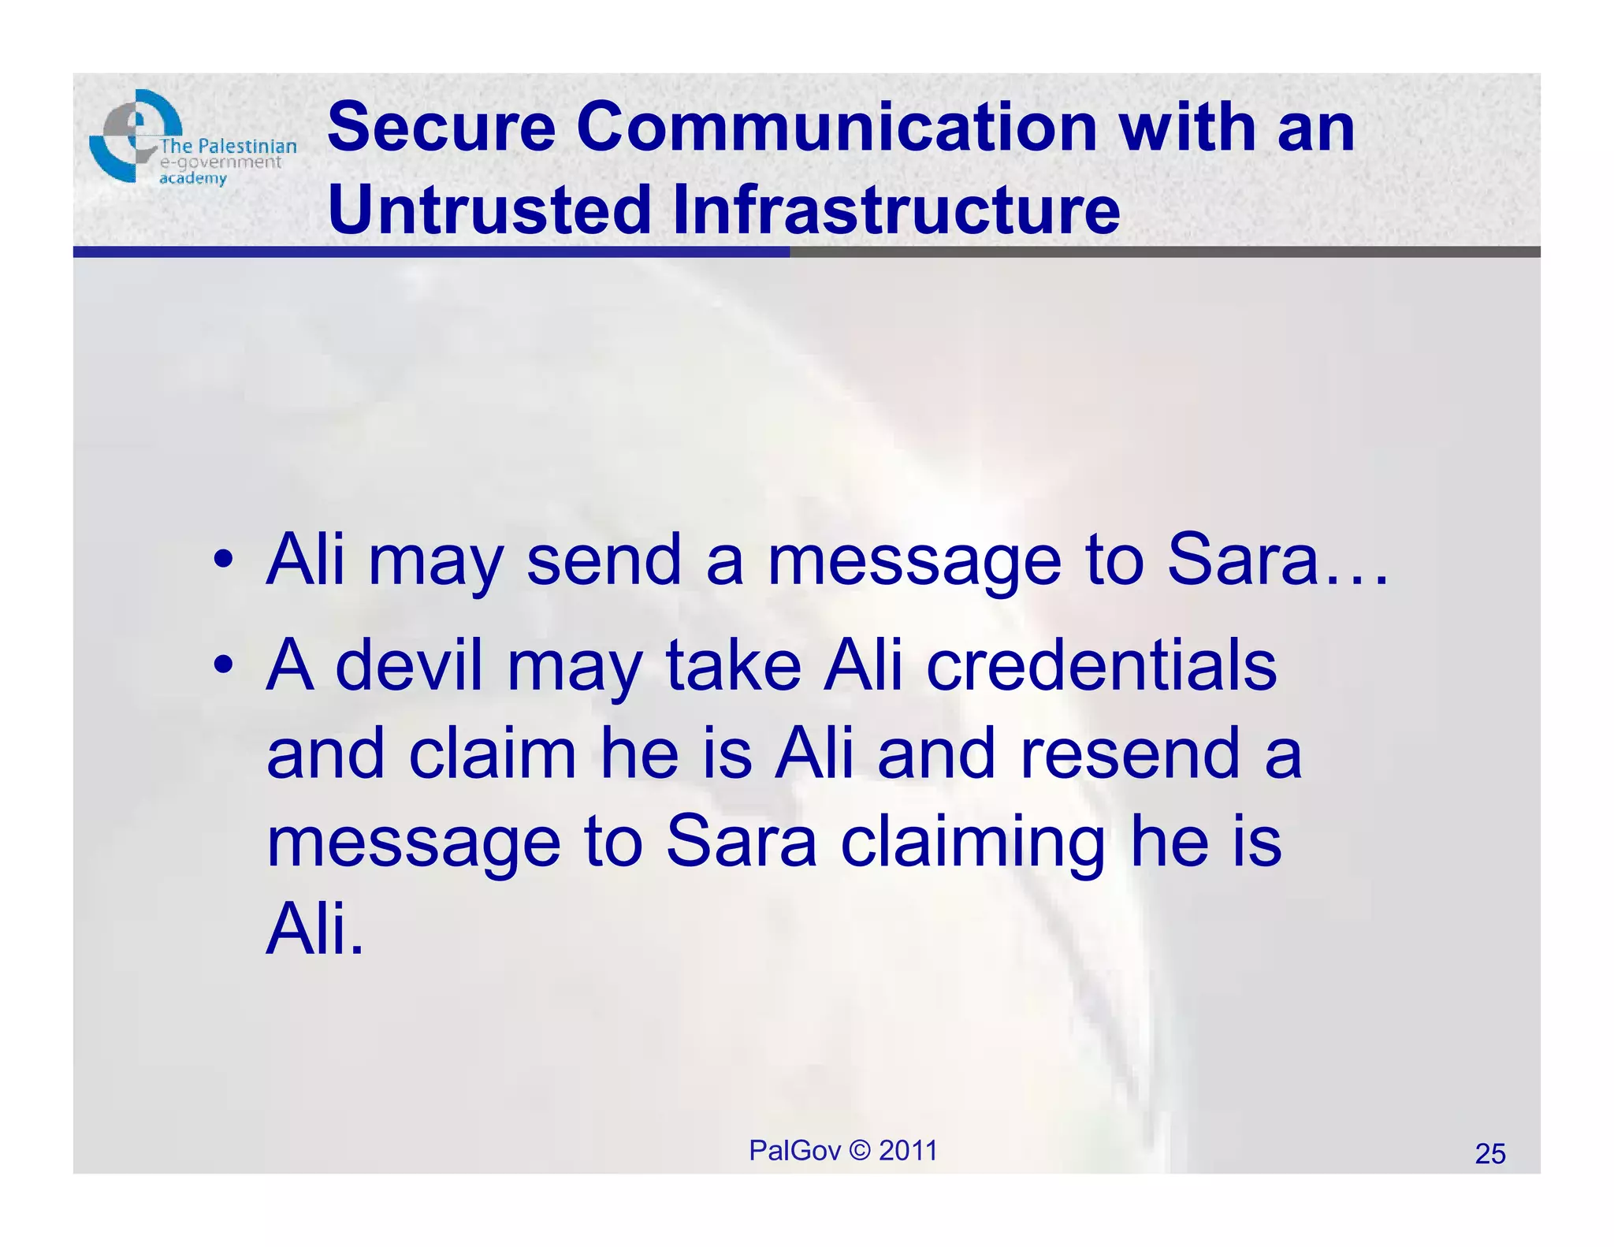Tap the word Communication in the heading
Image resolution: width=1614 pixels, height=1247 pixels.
(x=837, y=128)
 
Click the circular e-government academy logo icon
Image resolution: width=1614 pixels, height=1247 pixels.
(x=134, y=136)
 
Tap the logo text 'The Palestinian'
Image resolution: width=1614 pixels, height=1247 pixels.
(x=229, y=146)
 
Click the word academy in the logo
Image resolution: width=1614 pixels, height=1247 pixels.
(x=193, y=178)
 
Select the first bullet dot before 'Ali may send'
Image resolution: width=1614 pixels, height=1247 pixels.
(x=224, y=560)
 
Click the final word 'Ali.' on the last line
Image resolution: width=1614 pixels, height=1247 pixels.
(x=315, y=930)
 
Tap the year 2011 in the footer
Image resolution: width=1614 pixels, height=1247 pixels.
(x=908, y=1151)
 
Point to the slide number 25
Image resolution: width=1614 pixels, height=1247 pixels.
(x=1490, y=1154)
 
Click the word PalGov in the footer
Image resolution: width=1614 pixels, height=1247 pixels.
(x=794, y=1151)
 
